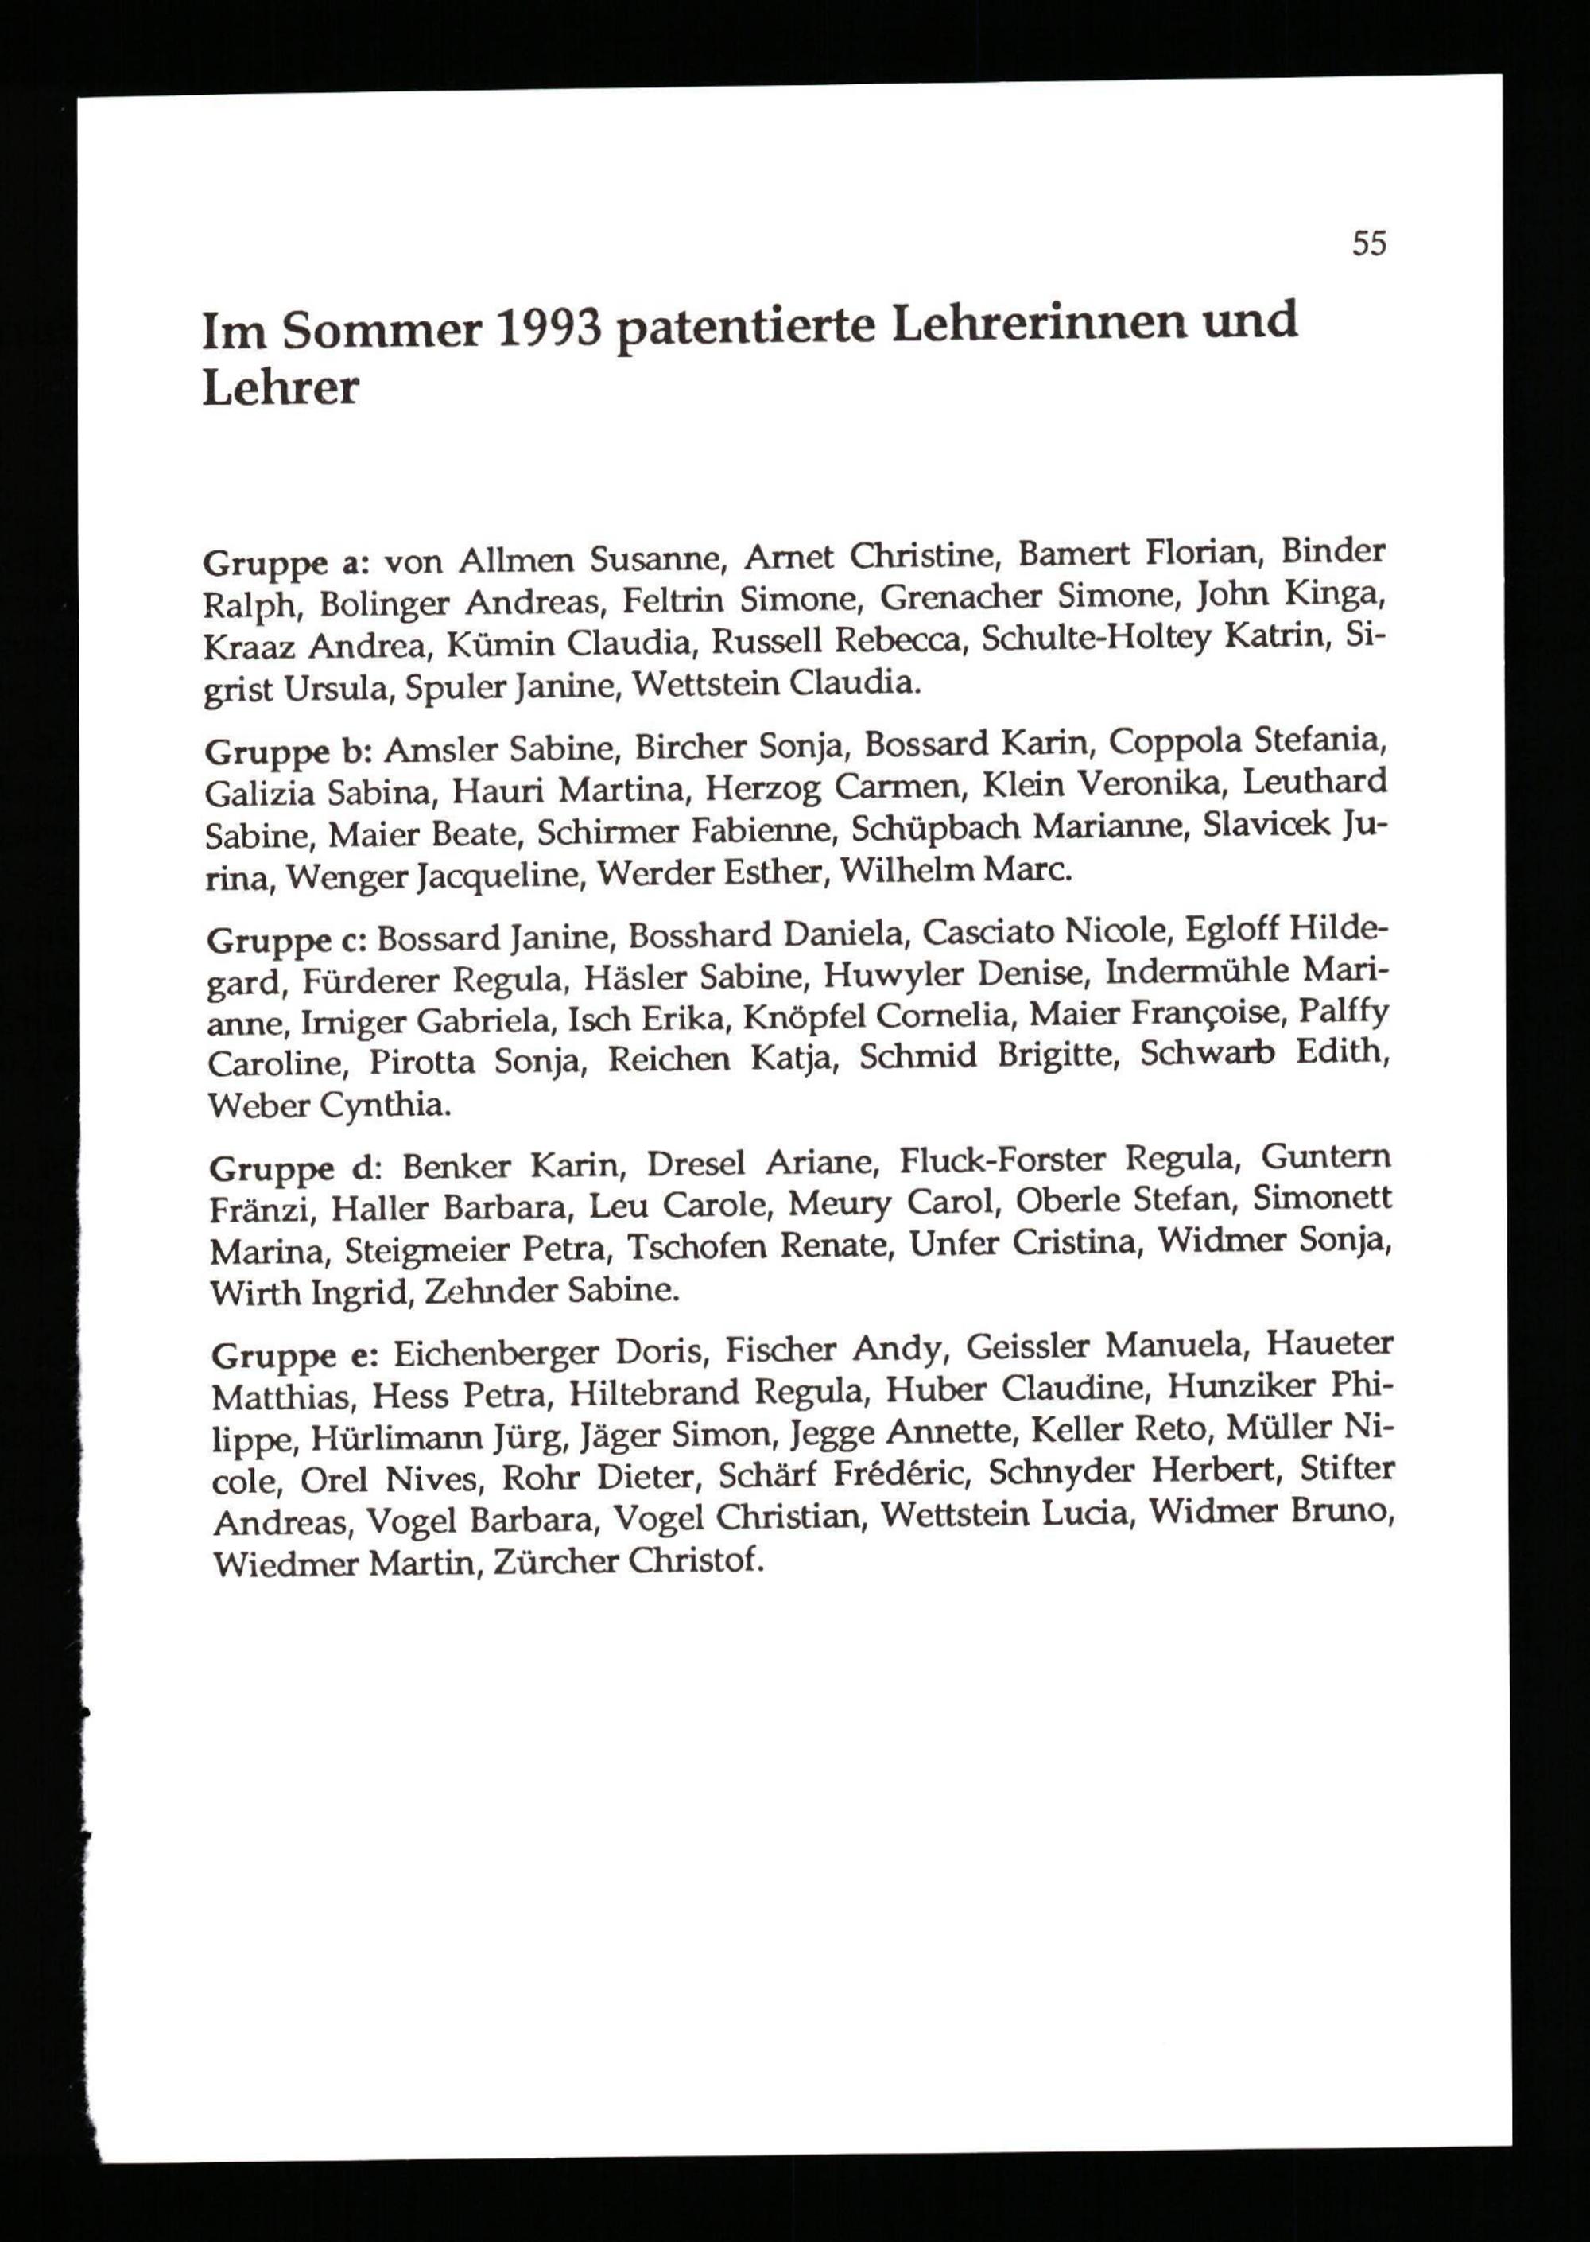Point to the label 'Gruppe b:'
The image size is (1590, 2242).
click(x=286, y=752)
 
